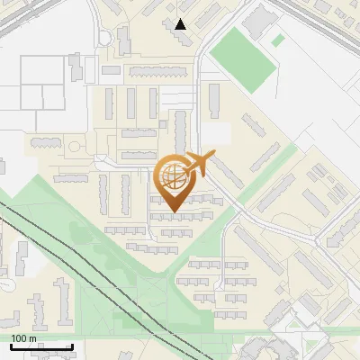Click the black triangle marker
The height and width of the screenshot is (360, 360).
point(182,24)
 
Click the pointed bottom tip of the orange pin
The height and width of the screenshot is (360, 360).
point(173,211)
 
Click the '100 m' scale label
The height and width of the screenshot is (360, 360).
point(24,338)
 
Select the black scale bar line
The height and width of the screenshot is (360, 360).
point(40,346)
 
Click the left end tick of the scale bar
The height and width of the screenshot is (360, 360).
point(10,345)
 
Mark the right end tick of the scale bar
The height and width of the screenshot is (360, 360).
point(72,345)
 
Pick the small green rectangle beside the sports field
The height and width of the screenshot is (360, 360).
point(278,40)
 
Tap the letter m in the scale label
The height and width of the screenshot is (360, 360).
point(33,339)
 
